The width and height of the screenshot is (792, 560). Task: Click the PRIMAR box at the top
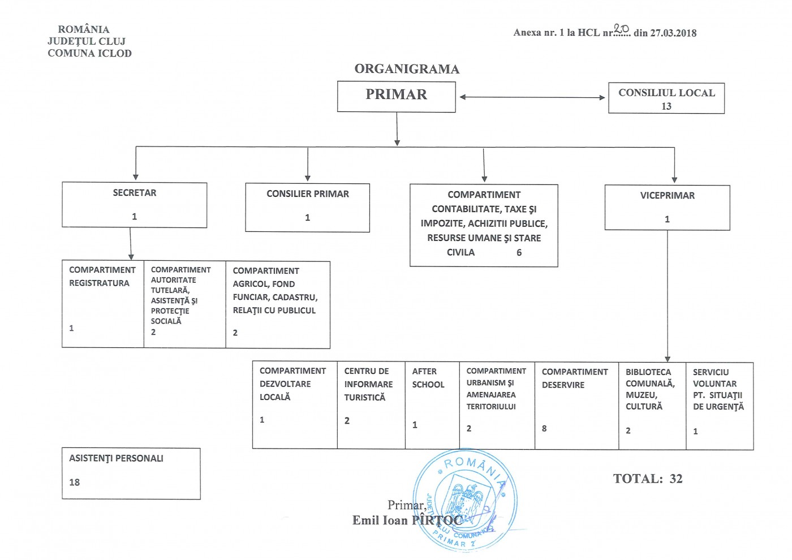click(396, 97)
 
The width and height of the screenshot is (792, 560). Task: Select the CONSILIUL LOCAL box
click(666, 98)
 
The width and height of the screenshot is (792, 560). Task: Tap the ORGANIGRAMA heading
click(407, 69)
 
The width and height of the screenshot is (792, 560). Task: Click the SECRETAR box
click(134, 205)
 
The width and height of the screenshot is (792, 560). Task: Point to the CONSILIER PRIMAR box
click(307, 207)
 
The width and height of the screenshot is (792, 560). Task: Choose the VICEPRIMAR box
click(667, 207)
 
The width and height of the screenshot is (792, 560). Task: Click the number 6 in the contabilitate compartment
click(519, 253)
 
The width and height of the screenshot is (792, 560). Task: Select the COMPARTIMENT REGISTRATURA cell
click(102, 304)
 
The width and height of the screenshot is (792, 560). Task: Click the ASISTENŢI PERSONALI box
click(131, 473)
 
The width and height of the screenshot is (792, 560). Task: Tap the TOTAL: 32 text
click(648, 479)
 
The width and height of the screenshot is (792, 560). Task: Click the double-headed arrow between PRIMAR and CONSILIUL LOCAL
click(532, 97)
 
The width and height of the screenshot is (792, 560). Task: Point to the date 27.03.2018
click(673, 33)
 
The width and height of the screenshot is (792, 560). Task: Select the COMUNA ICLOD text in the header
click(89, 53)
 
